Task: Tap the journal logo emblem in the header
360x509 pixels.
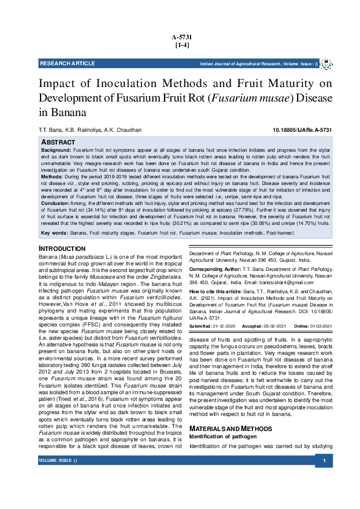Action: (x=326, y=63)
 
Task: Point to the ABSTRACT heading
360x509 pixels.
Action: (x=58, y=141)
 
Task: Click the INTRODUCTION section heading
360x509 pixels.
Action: (x=62, y=249)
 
